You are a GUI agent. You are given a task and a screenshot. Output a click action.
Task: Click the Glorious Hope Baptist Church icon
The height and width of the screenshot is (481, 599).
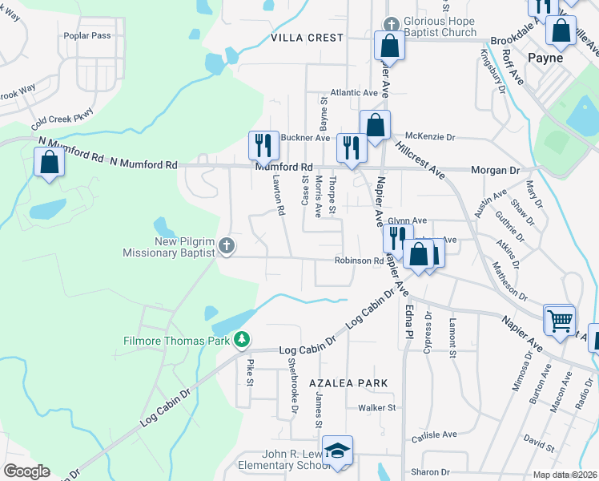tap(391, 23)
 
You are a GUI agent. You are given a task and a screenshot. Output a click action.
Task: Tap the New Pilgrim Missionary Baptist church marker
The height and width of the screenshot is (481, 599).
tap(227, 245)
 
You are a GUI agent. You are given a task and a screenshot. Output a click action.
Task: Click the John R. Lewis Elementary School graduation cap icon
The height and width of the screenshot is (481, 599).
tap(338, 450)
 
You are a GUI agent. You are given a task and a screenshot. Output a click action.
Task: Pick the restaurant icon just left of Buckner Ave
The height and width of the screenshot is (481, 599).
tap(263, 144)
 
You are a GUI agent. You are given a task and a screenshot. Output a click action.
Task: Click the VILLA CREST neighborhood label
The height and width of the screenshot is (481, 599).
tap(307, 38)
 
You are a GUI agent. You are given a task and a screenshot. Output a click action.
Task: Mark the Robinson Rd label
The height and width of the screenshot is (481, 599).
tap(359, 261)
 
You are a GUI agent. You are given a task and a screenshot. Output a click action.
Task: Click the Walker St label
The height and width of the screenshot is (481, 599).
tap(377, 407)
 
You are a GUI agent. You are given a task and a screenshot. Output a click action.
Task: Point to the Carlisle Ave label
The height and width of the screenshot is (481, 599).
tap(433, 435)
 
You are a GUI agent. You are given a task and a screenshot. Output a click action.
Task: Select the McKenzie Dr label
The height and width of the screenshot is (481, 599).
tap(429, 137)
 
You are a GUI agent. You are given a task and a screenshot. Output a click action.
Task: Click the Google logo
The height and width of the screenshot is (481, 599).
tap(26, 471)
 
